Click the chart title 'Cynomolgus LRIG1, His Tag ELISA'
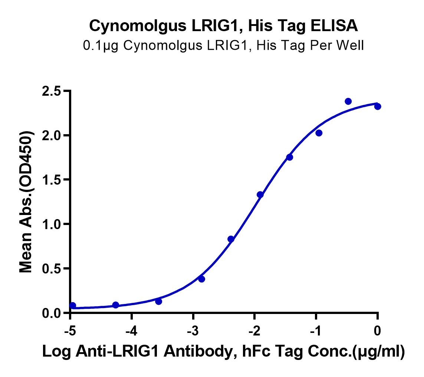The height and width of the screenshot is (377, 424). click(223, 26)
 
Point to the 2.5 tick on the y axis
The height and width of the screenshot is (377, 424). click(52, 91)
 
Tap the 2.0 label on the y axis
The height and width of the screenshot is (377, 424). click(52, 135)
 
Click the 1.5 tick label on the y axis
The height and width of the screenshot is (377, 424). click(52, 180)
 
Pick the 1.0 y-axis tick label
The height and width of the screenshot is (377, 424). click(52, 224)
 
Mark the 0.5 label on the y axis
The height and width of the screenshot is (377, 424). click(52, 268)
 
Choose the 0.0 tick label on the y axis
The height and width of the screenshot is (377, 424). click(52, 313)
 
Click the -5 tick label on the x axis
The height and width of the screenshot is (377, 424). click(70, 331)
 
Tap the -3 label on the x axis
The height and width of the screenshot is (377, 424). click(193, 331)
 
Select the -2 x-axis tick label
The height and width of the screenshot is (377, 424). click(254, 331)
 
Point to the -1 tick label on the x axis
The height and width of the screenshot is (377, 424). click(316, 331)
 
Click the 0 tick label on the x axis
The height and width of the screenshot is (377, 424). click(377, 331)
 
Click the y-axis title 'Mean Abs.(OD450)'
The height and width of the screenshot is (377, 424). click(26, 202)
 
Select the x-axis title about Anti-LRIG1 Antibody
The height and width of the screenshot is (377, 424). click(223, 351)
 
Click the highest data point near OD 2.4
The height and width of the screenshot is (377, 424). click(348, 101)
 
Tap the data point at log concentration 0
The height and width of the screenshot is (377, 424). click(378, 106)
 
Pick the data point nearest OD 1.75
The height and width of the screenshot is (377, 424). click(290, 157)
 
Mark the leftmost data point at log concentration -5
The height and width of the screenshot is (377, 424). click(72, 305)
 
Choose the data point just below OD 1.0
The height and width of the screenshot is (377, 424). click(231, 239)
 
